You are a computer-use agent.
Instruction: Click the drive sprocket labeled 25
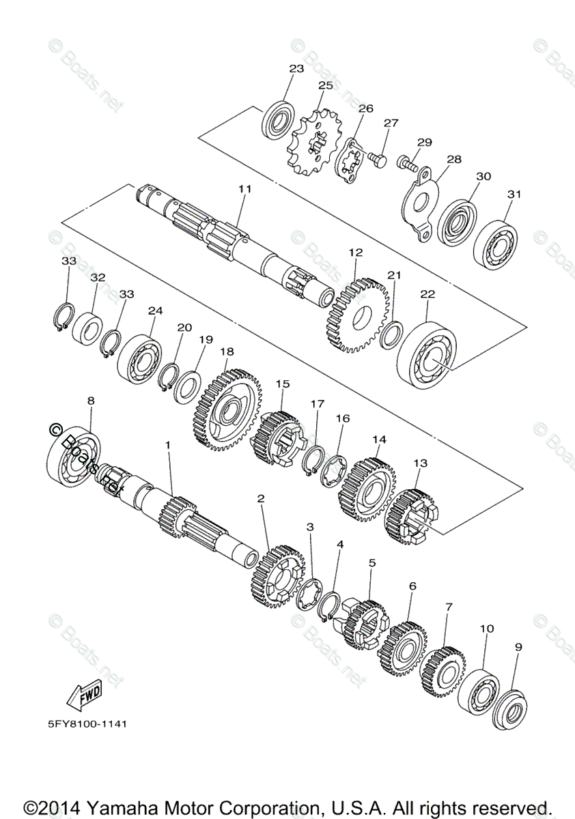[313, 145]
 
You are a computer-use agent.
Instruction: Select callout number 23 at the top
[296, 69]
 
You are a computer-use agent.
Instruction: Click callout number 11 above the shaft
[244, 188]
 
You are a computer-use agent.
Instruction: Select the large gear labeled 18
[228, 409]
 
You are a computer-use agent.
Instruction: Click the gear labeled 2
[277, 577]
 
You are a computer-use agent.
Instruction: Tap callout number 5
[371, 563]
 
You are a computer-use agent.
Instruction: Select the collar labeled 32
[87, 328]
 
